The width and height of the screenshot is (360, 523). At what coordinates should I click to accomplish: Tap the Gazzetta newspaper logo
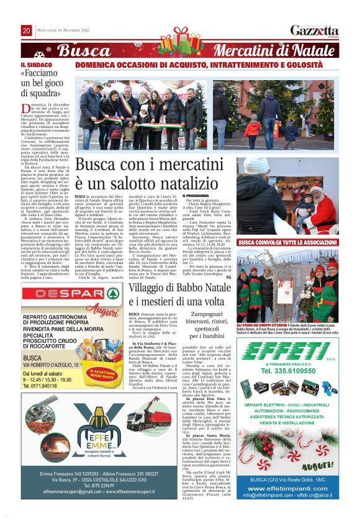point(315,30)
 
